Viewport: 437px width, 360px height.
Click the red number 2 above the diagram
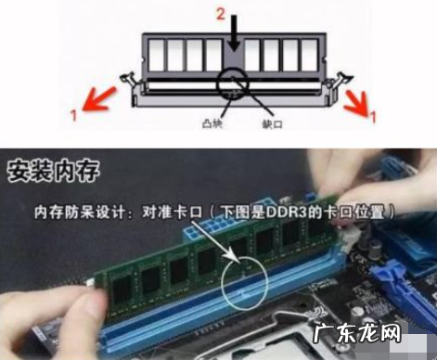click(222, 14)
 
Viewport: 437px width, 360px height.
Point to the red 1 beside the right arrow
click(372, 118)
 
